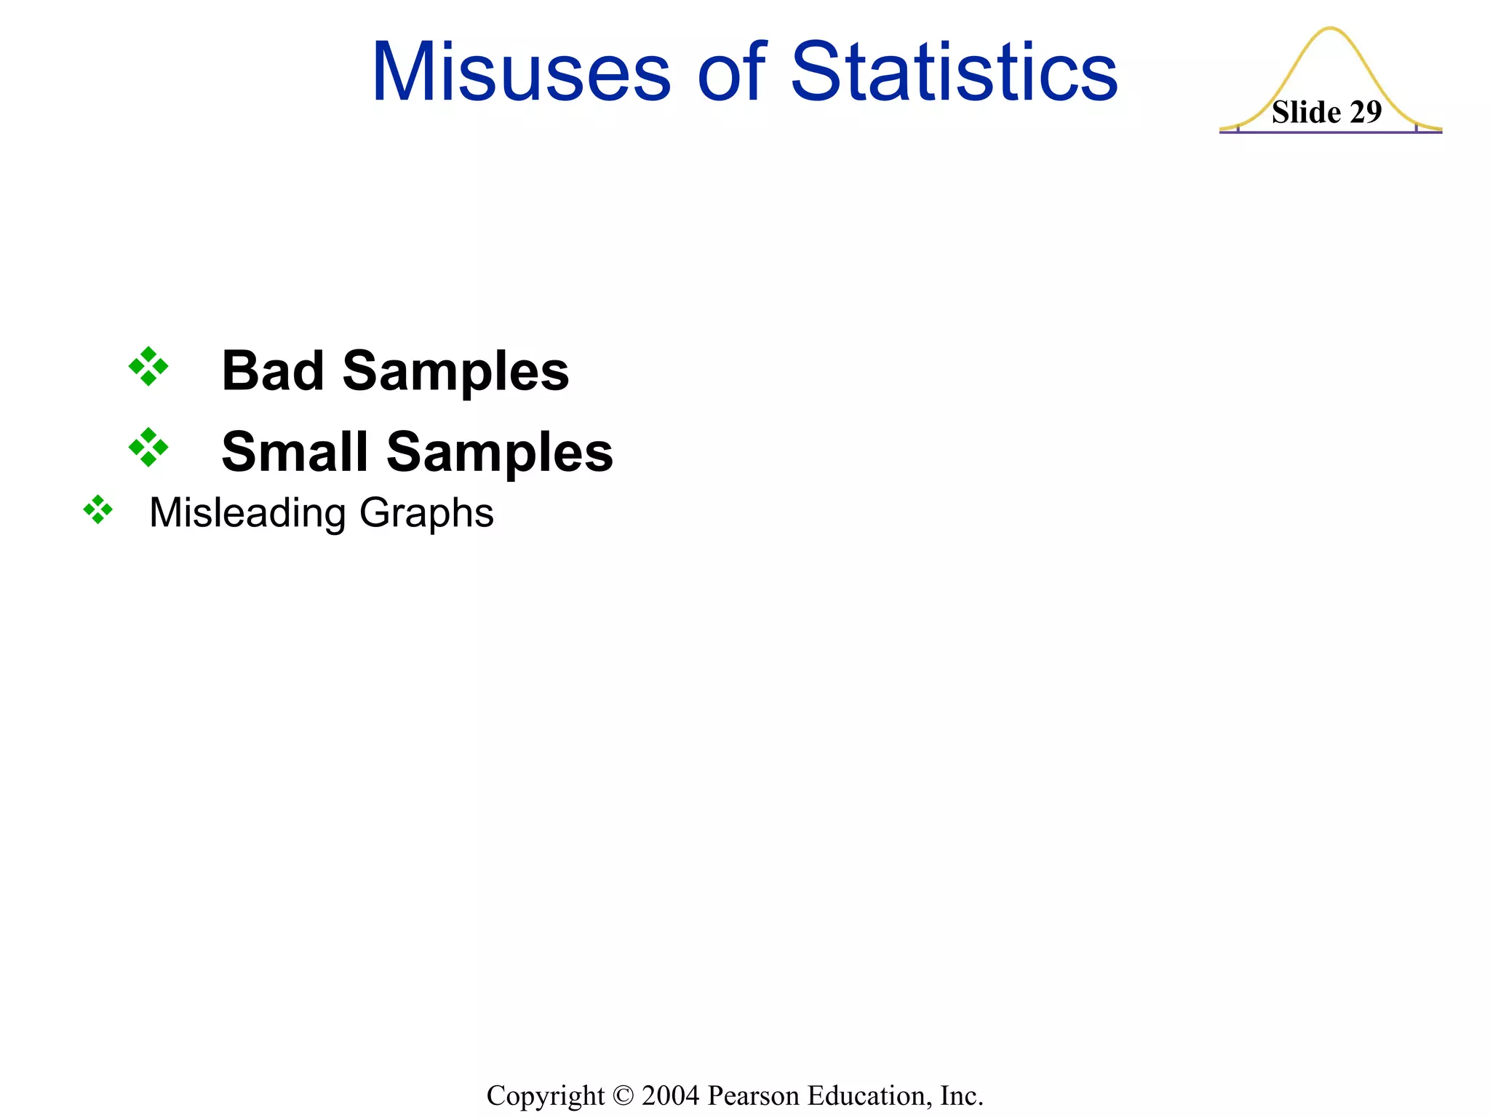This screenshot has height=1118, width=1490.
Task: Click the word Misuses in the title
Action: pos(521,73)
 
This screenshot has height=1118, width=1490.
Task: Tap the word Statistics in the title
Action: pos(954,73)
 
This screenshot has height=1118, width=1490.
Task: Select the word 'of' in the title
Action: pos(731,73)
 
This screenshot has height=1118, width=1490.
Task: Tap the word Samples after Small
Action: pos(500,453)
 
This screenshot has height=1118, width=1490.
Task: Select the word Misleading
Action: pos(247,514)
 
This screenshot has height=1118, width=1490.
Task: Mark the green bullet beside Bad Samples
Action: pos(148,366)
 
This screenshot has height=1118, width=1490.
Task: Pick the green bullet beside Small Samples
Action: pos(148,447)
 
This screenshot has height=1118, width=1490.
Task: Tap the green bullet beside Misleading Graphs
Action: pos(98,510)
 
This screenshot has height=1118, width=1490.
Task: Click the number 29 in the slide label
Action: pos(1365,112)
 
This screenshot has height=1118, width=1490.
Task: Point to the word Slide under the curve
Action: pos(1307,112)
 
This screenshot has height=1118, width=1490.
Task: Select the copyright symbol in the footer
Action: pos(623,1095)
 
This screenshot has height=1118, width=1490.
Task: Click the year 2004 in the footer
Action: pos(671,1095)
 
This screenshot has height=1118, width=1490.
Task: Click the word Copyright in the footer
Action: pos(546,1095)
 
